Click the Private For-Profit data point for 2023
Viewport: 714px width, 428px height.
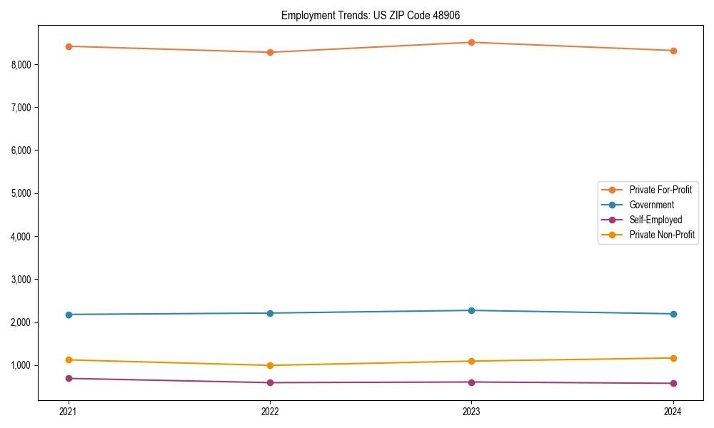click(x=471, y=42)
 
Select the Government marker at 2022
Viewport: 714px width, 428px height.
click(x=270, y=313)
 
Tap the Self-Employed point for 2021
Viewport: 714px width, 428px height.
click(x=69, y=378)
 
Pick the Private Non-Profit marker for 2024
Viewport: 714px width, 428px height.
click(x=673, y=358)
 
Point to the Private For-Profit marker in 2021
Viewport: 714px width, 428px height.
click(x=69, y=46)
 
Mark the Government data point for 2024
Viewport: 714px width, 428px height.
click(x=673, y=314)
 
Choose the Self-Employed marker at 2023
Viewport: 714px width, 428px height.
click(x=471, y=382)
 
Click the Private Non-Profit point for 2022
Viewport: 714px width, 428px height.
click(x=270, y=365)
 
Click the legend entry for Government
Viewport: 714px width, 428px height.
click(x=651, y=205)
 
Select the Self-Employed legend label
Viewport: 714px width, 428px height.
click(x=655, y=220)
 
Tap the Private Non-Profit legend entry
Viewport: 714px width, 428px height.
click(x=662, y=235)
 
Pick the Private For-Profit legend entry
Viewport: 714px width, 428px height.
click(x=660, y=190)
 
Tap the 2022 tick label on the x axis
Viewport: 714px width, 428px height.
click(x=270, y=412)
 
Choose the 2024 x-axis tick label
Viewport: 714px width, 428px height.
click(x=673, y=412)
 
